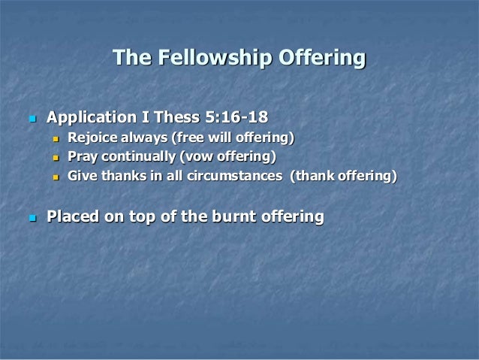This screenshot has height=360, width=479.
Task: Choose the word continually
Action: click(136, 157)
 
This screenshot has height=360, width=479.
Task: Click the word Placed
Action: click(75, 217)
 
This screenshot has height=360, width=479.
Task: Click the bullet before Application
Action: click(32, 119)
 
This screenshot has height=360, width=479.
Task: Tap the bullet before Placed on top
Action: click(32, 218)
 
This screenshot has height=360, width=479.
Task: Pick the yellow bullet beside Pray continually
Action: click(55, 158)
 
